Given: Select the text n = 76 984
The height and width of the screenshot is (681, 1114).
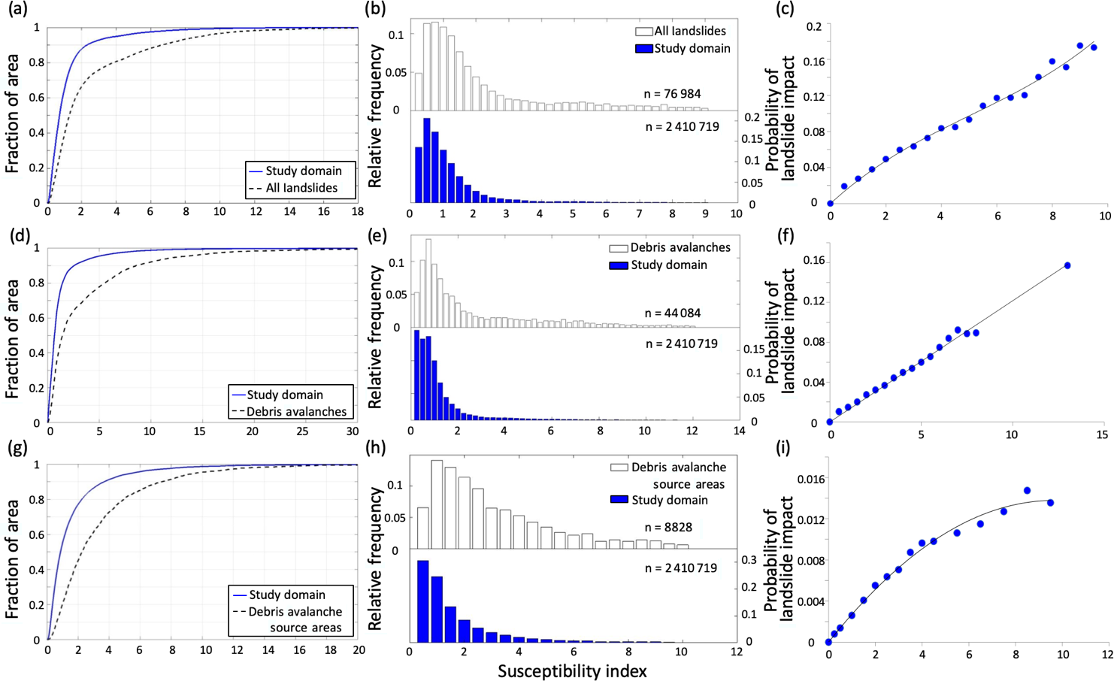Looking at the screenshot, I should pyautogui.click(x=672, y=94).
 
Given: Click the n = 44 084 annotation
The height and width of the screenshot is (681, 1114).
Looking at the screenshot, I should pyautogui.click(x=672, y=313).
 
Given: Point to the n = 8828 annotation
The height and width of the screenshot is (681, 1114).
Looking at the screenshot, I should pyautogui.click(x=668, y=527).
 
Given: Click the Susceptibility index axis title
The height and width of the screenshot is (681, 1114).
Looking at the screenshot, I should pyautogui.click(x=572, y=670).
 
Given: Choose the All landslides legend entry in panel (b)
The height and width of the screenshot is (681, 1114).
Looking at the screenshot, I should pyautogui.click(x=681, y=31).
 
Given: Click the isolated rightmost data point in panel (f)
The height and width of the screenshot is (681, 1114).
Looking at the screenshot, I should pyautogui.click(x=1067, y=265).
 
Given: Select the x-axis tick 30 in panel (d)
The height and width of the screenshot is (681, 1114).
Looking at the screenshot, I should pyautogui.click(x=352, y=431).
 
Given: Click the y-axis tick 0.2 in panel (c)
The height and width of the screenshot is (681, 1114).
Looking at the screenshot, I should pyautogui.click(x=813, y=26).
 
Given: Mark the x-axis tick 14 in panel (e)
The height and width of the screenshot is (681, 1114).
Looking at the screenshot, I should pyautogui.click(x=739, y=431).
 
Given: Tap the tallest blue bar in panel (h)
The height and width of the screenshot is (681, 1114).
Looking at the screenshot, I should pyautogui.click(x=422, y=600).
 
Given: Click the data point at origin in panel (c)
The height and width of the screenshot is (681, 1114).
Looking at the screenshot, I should pyautogui.click(x=830, y=203).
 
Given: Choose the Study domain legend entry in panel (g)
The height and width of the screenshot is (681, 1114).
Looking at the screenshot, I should pyautogui.click(x=286, y=595).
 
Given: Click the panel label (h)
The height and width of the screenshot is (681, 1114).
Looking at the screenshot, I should pyautogui.click(x=375, y=448).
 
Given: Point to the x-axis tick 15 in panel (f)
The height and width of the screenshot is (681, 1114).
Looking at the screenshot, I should pyautogui.click(x=1102, y=435).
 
